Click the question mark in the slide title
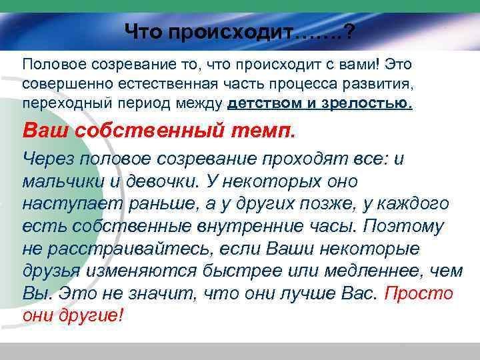(348, 31)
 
